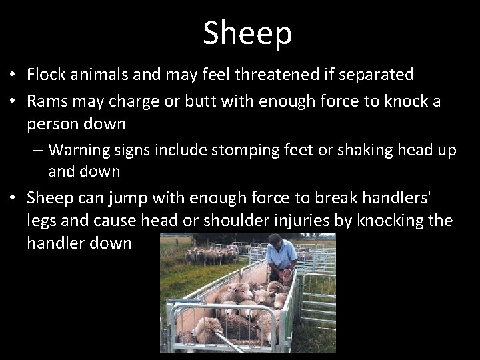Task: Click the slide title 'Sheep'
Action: [x=247, y=33]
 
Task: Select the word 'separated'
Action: [x=376, y=74]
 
